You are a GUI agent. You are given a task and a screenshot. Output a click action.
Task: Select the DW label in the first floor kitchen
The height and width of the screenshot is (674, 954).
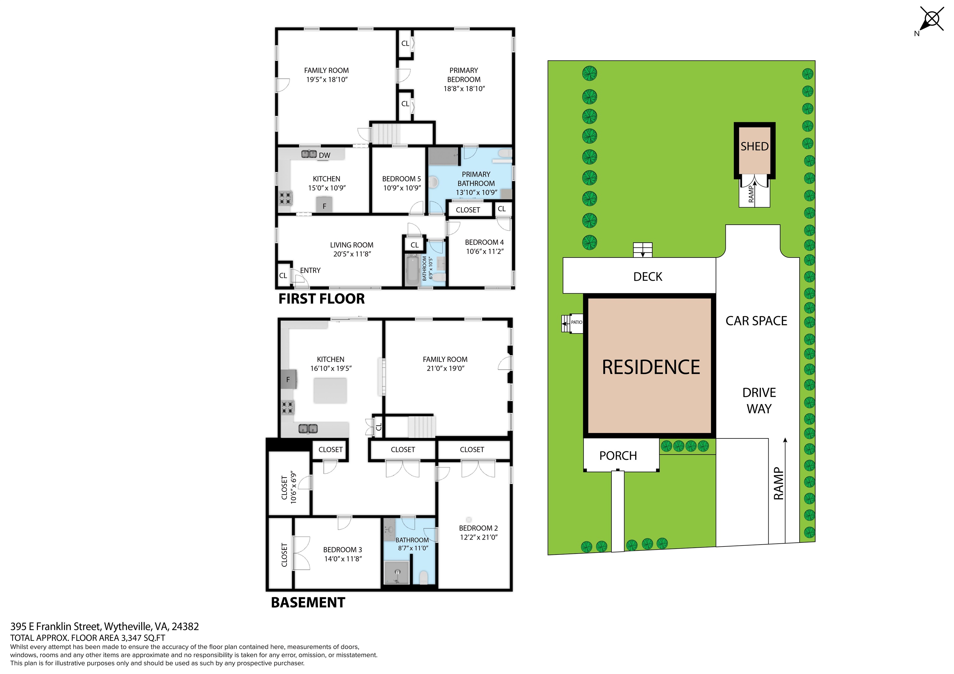pos(325,155)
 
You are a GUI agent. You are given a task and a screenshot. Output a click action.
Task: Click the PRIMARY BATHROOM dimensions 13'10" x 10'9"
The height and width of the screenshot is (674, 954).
pos(476,192)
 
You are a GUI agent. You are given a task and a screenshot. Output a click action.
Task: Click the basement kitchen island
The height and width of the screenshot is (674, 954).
pos(330,390)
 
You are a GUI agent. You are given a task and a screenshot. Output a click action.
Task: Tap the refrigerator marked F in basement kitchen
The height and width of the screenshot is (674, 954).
pos(288,379)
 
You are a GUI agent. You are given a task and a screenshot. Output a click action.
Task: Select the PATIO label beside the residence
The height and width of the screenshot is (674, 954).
pos(576,322)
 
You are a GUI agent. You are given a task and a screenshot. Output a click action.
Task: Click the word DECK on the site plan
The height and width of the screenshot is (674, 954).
pos(647,276)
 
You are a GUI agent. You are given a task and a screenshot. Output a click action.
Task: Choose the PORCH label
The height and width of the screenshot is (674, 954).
pos(618,456)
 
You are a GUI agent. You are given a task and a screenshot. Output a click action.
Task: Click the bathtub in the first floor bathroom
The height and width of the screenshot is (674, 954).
pos(412,270)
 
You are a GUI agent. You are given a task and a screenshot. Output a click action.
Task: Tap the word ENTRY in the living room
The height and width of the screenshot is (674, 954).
pos(310,270)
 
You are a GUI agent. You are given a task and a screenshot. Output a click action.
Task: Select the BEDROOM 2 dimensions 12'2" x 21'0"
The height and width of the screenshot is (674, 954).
pos(478,537)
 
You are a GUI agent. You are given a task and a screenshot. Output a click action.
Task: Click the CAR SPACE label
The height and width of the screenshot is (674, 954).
pos(756,321)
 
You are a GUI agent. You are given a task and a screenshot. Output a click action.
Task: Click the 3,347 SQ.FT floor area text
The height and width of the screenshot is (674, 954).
pos(143,638)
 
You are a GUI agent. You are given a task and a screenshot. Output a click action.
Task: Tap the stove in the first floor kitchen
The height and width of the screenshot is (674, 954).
pos(285,198)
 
